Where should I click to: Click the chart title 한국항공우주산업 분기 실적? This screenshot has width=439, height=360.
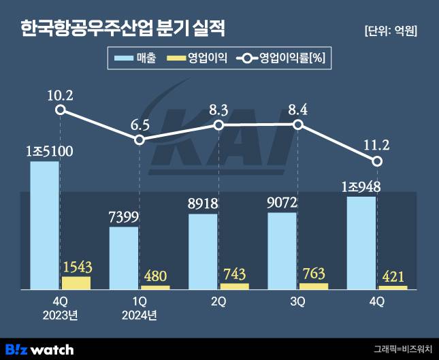(x=123, y=29)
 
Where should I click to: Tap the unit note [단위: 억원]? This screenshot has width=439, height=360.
(x=391, y=31)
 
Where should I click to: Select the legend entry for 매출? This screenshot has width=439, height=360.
(x=136, y=59)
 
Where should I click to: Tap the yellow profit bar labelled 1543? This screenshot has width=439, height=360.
(x=76, y=282)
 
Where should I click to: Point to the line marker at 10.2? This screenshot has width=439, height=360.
(x=61, y=110)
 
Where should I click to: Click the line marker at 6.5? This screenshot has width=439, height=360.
(x=140, y=140)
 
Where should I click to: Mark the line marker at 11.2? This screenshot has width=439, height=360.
(x=377, y=161)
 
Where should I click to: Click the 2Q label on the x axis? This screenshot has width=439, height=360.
(x=218, y=301)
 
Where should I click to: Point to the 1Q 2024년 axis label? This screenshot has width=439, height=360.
(x=140, y=308)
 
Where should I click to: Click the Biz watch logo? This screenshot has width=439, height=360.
(x=40, y=348)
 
